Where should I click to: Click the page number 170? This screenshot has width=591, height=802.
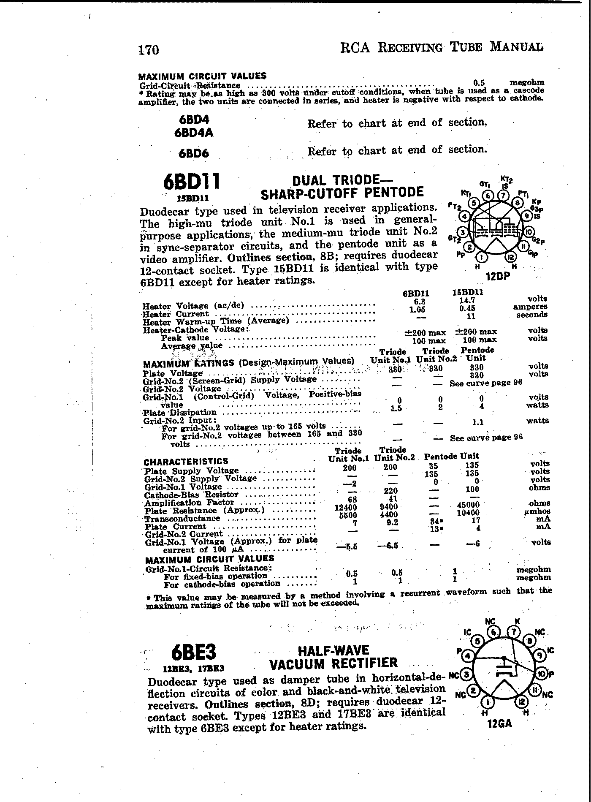(149, 50)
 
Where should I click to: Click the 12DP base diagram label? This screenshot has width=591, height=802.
(498, 276)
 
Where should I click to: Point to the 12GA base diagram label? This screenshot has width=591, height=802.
(499, 724)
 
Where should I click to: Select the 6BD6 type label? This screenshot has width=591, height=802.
(193, 153)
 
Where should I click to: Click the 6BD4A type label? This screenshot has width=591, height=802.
(193, 133)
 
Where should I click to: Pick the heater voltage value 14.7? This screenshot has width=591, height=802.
(467, 300)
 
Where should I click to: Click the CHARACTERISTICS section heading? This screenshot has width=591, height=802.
(186, 461)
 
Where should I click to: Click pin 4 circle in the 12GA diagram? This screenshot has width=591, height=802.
(467, 656)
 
